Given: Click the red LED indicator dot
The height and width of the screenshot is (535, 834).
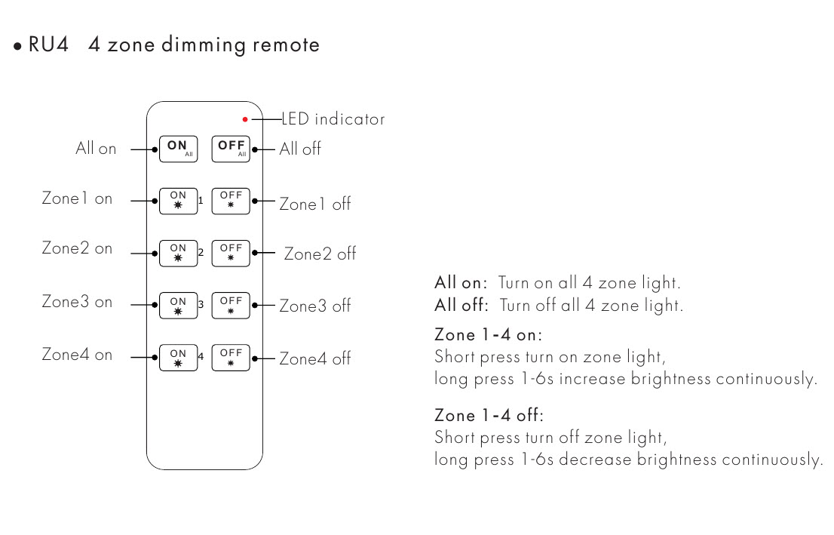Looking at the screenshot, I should click(245, 119).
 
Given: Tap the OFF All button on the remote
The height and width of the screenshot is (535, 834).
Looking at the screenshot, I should click(231, 149).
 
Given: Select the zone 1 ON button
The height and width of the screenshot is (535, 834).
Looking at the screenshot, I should click(178, 201).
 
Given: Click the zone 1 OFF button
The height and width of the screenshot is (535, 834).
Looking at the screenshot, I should click(231, 201).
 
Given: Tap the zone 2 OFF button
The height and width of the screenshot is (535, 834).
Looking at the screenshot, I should click(231, 253).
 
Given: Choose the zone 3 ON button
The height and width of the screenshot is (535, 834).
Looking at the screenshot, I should click(178, 305).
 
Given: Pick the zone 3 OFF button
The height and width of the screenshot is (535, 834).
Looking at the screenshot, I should click(231, 305).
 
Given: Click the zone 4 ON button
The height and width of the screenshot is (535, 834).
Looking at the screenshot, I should click(178, 357).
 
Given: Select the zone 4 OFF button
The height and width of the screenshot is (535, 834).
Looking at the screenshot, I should click(231, 357).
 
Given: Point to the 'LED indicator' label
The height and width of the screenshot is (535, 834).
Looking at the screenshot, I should click(333, 119).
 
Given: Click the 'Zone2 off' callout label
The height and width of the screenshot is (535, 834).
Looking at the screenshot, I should click(320, 254).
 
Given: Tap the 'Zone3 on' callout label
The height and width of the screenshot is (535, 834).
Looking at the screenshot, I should click(77, 302).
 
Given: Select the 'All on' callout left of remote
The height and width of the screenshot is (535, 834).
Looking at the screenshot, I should click(96, 149).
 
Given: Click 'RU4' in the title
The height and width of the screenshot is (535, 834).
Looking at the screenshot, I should click(49, 45).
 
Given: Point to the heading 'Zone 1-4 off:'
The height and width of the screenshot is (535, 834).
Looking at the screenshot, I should click(489, 415).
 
